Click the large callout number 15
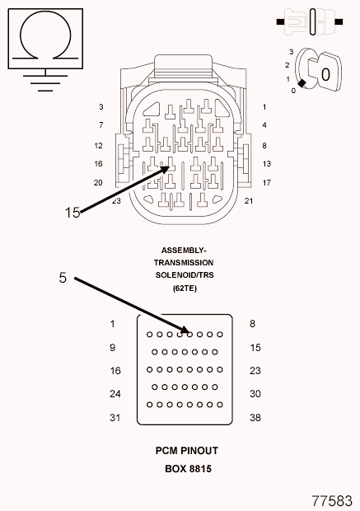pyautogui.click(x=72, y=213)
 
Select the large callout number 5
pyautogui.click(x=63, y=278)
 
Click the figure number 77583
pyautogui.click(x=332, y=501)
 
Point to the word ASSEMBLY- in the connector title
pyautogui.click(x=184, y=251)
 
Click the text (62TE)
pyautogui.click(x=185, y=288)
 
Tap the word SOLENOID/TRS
pyautogui.click(x=185, y=275)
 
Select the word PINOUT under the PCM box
pyautogui.click(x=199, y=451)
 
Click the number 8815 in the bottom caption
pyautogui.click(x=200, y=469)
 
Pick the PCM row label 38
pyautogui.click(x=255, y=418)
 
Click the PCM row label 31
pyautogui.click(x=115, y=418)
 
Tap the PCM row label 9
pyautogui.click(x=112, y=348)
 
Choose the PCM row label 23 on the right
pyautogui.click(x=255, y=371)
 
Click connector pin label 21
pyautogui.click(x=249, y=201)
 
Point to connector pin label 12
pyautogui.click(x=98, y=146)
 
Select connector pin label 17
pyautogui.click(x=266, y=183)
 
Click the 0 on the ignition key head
pyautogui.click(x=325, y=75)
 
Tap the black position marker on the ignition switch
pyautogui.click(x=302, y=83)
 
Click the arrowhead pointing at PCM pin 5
pyautogui.click(x=184, y=331)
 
